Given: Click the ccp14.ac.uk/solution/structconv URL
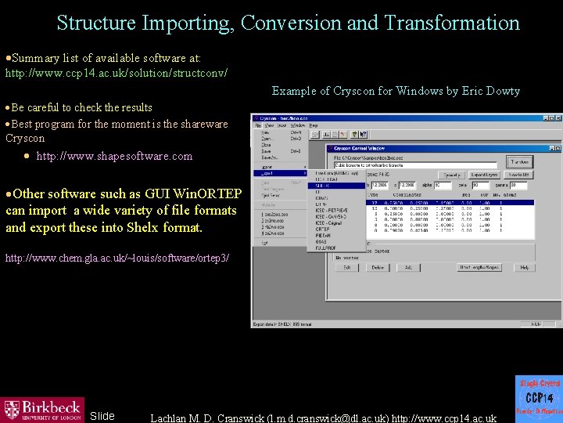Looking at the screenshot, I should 117,73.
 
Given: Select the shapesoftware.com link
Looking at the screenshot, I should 114,156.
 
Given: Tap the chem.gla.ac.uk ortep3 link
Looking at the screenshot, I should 117,258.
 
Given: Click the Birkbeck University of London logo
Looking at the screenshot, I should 42,409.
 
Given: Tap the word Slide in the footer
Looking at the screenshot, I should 102,416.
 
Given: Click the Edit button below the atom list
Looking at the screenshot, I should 346,267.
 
